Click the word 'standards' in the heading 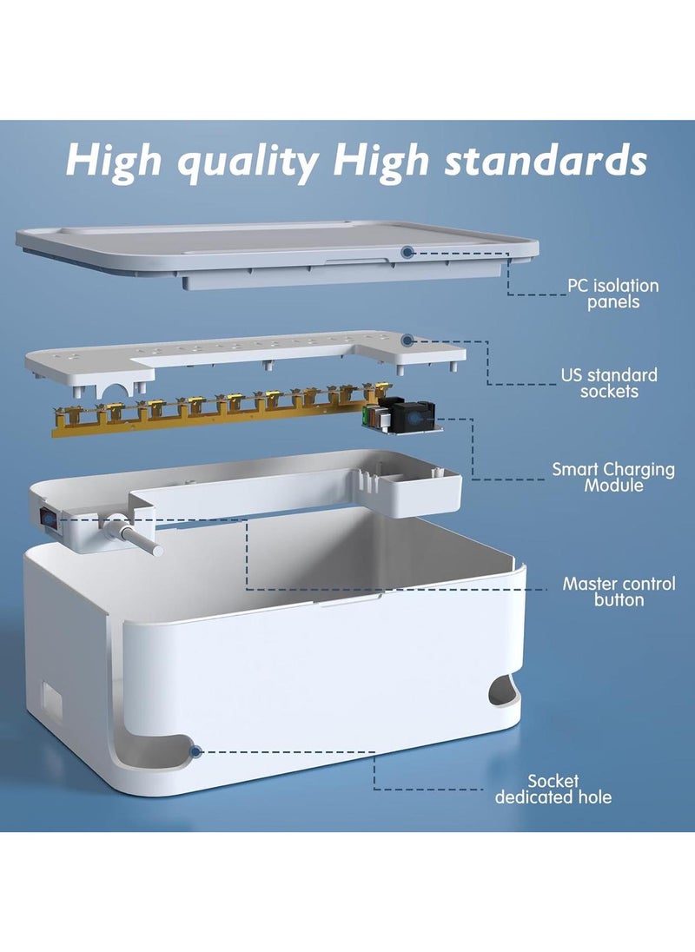pyautogui.click(x=546, y=161)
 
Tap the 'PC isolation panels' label pyautogui.click(x=612, y=294)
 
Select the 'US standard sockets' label pyautogui.click(x=609, y=383)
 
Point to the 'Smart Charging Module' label pyautogui.click(x=613, y=477)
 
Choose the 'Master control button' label pyautogui.click(x=619, y=592)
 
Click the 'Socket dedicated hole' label pyautogui.click(x=553, y=790)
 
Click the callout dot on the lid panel pyautogui.click(x=407, y=252)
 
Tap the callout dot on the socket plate pyautogui.click(x=407, y=340)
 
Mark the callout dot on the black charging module pyautogui.click(x=414, y=419)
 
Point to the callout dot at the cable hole pyautogui.click(x=195, y=752)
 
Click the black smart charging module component pyautogui.click(x=401, y=414)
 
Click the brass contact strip pyautogui.click(x=219, y=409)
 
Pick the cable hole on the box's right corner pyautogui.click(x=505, y=691)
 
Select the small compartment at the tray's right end pyautogui.click(x=419, y=491)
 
